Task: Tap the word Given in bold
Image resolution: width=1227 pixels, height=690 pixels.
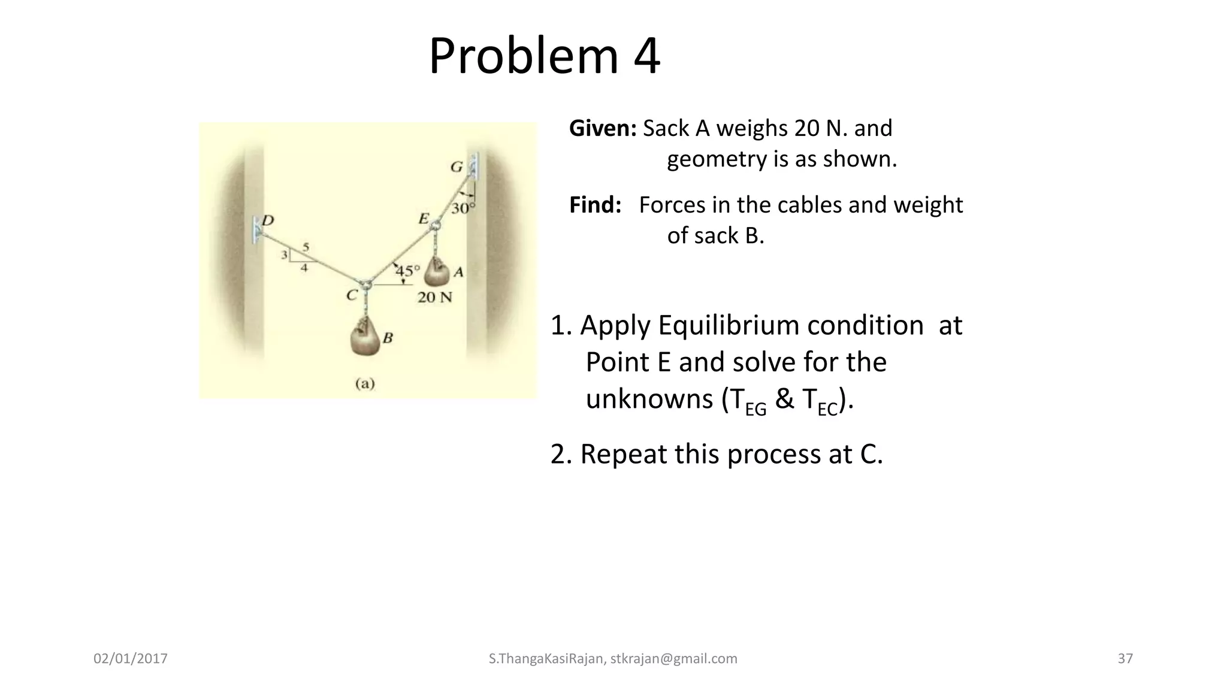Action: (x=602, y=128)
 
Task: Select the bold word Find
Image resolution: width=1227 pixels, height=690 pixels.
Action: (x=594, y=205)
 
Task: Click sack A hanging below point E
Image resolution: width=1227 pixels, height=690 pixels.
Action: (x=436, y=273)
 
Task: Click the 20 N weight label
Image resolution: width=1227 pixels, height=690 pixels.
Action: (x=434, y=297)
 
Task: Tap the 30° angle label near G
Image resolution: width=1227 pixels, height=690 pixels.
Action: (x=463, y=208)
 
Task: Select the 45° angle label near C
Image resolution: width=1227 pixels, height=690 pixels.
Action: (x=407, y=271)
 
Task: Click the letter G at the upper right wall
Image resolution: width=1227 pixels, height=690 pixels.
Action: (x=457, y=167)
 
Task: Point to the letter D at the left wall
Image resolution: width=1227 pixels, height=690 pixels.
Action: (x=268, y=220)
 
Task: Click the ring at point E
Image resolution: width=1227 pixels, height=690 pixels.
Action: (x=436, y=225)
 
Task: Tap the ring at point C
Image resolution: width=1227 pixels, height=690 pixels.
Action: (x=365, y=285)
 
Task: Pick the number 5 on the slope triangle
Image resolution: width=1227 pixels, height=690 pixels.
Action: (x=306, y=247)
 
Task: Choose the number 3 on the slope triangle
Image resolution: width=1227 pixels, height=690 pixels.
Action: (x=285, y=255)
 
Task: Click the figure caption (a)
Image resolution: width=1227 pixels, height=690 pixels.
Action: (x=365, y=383)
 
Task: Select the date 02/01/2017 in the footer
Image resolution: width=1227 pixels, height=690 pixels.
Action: (x=131, y=659)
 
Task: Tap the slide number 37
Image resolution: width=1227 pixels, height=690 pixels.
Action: (x=1125, y=659)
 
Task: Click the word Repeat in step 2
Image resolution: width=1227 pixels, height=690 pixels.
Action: (x=623, y=454)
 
